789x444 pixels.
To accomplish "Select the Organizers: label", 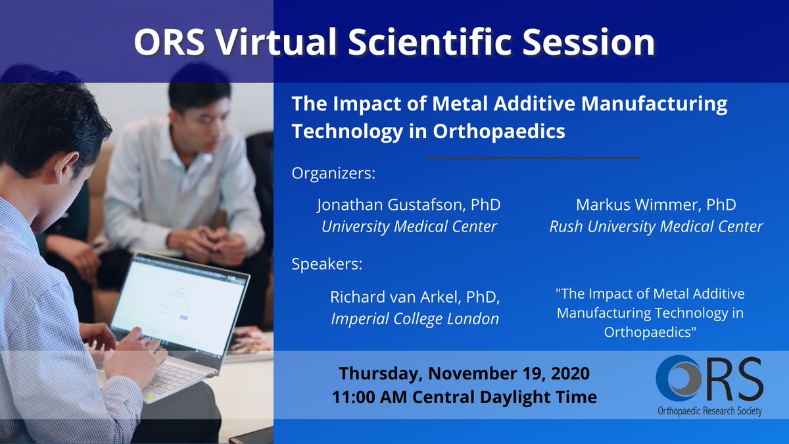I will pos(333,175).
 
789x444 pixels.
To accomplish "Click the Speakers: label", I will pos(327,265).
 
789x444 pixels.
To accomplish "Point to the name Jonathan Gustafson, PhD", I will pos(408,205).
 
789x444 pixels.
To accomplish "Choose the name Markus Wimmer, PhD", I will pos(656,205).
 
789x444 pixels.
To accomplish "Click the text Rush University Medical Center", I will pos(656,227).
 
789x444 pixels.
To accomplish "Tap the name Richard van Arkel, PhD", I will pos(415,297).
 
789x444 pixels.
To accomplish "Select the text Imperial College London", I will pos(415,319).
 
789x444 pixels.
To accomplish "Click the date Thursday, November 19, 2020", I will pos(464,374).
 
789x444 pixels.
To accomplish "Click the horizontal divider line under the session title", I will pos(533,158).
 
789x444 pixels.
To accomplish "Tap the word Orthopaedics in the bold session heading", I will pos(499,131).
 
